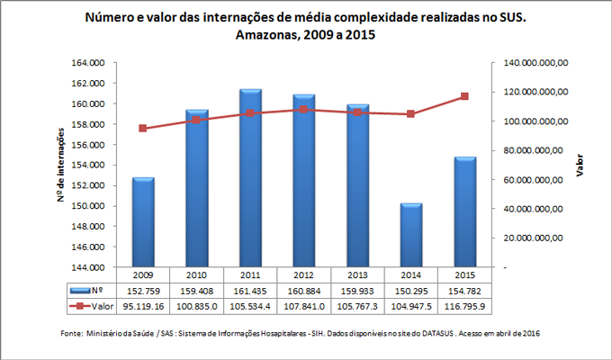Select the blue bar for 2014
click(x=410, y=235)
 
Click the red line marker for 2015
click(x=464, y=96)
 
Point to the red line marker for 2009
click(x=144, y=129)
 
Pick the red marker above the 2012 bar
click(x=303, y=110)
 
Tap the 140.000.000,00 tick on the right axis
click(x=536, y=63)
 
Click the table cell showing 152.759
click(x=144, y=292)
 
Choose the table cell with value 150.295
click(x=410, y=292)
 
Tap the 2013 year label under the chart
click(x=357, y=274)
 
